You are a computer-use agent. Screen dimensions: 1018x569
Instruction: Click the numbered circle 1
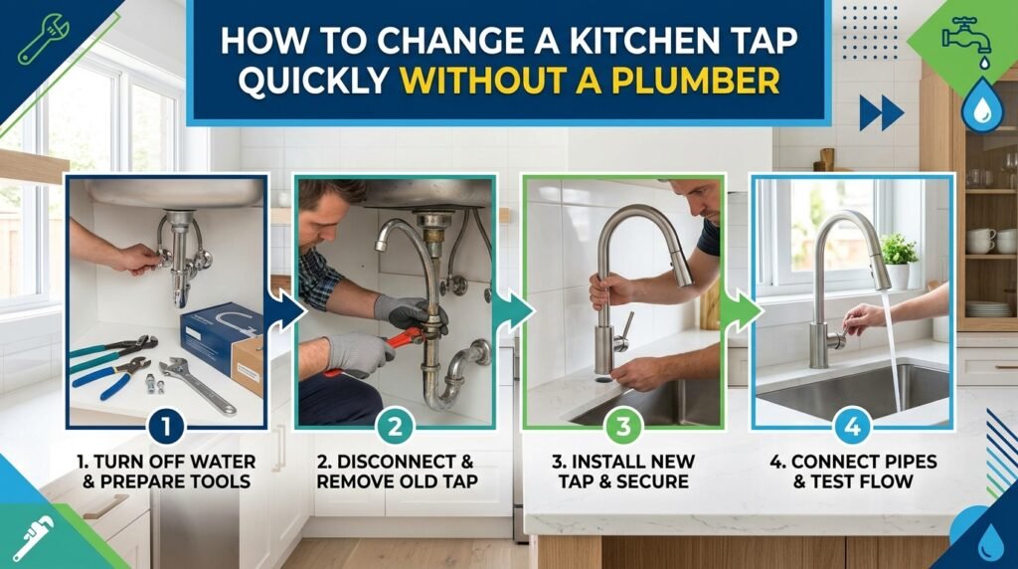(166, 427)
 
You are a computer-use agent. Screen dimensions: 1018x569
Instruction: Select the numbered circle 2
(395, 427)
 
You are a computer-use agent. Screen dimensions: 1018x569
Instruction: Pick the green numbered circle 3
(623, 427)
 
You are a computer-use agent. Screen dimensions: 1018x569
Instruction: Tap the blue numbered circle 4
(852, 427)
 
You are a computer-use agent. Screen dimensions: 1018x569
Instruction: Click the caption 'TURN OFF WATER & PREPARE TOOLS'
(166, 472)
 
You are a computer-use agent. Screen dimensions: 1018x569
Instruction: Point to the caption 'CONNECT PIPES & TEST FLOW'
(853, 472)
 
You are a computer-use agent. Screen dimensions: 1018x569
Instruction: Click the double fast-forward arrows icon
(881, 113)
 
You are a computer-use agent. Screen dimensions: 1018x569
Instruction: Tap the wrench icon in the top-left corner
(44, 39)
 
